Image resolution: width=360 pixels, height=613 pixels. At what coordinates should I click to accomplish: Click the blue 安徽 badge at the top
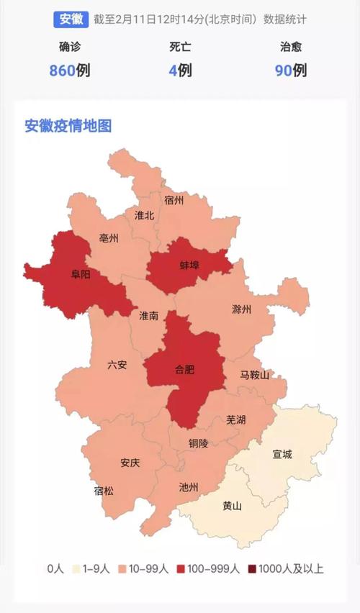[71, 19]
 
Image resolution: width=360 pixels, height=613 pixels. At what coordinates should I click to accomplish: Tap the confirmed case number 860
[62, 71]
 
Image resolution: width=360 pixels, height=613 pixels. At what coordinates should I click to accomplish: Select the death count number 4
[173, 71]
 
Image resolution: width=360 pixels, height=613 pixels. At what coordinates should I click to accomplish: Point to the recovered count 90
[284, 71]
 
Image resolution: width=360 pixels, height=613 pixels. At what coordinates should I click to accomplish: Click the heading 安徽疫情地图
[68, 126]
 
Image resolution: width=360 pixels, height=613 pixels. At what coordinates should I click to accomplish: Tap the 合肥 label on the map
[185, 370]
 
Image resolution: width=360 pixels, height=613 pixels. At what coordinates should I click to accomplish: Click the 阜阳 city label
[81, 274]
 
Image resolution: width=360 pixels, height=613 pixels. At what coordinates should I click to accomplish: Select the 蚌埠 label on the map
[189, 265]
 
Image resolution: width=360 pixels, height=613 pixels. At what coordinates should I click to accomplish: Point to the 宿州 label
[174, 199]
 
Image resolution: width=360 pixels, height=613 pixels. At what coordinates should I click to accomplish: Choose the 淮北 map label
[145, 215]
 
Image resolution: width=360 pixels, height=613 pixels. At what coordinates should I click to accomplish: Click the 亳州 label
[109, 238]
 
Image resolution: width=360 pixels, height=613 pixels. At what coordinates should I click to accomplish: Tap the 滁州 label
[242, 310]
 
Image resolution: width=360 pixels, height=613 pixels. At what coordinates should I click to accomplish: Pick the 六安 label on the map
[117, 365]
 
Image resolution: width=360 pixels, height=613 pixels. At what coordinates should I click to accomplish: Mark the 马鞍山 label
[255, 375]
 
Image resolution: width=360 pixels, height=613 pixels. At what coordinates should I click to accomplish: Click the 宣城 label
[282, 454]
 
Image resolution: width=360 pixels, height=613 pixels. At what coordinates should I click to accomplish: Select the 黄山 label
[232, 506]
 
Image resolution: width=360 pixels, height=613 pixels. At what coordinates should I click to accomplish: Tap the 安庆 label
[130, 463]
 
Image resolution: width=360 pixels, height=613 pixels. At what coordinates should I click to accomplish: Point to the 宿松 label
[104, 491]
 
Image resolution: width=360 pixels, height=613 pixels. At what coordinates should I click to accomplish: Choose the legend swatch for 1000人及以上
[252, 568]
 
